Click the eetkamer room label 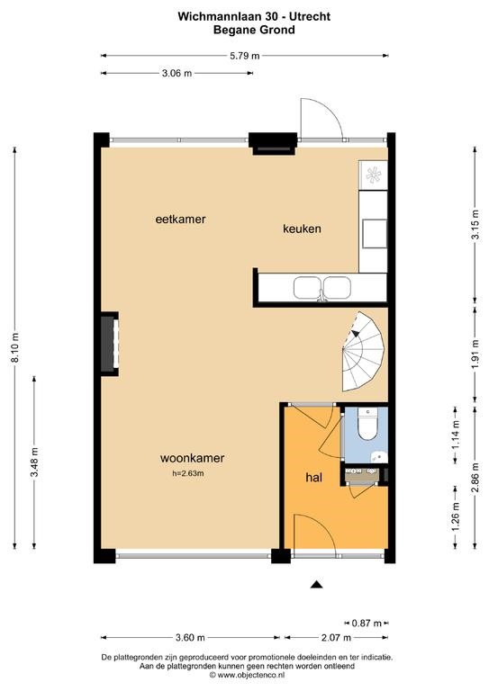(x=180, y=219)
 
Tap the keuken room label (x=302, y=229)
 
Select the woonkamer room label (x=192, y=458)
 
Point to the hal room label (x=314, y=477)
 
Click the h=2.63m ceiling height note (x=188, y=474)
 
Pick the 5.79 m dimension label (x=245, y=56)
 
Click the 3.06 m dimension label (x=177, y=73)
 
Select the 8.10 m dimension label (x=15, y=348)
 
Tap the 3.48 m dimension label (x=34, y=462)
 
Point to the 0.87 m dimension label (x=367, y=624)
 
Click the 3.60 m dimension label (x=190, y=637)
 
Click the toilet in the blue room (x=367, y=423)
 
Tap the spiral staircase (x=363, y=351)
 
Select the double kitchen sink (x=322, y=288)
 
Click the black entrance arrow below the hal (x=316, y=584)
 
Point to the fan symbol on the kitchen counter (x=373, y=175)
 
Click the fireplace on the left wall (x=109, y=344)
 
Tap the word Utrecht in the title (x=311, y=17)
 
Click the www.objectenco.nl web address (x=251, y=675)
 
